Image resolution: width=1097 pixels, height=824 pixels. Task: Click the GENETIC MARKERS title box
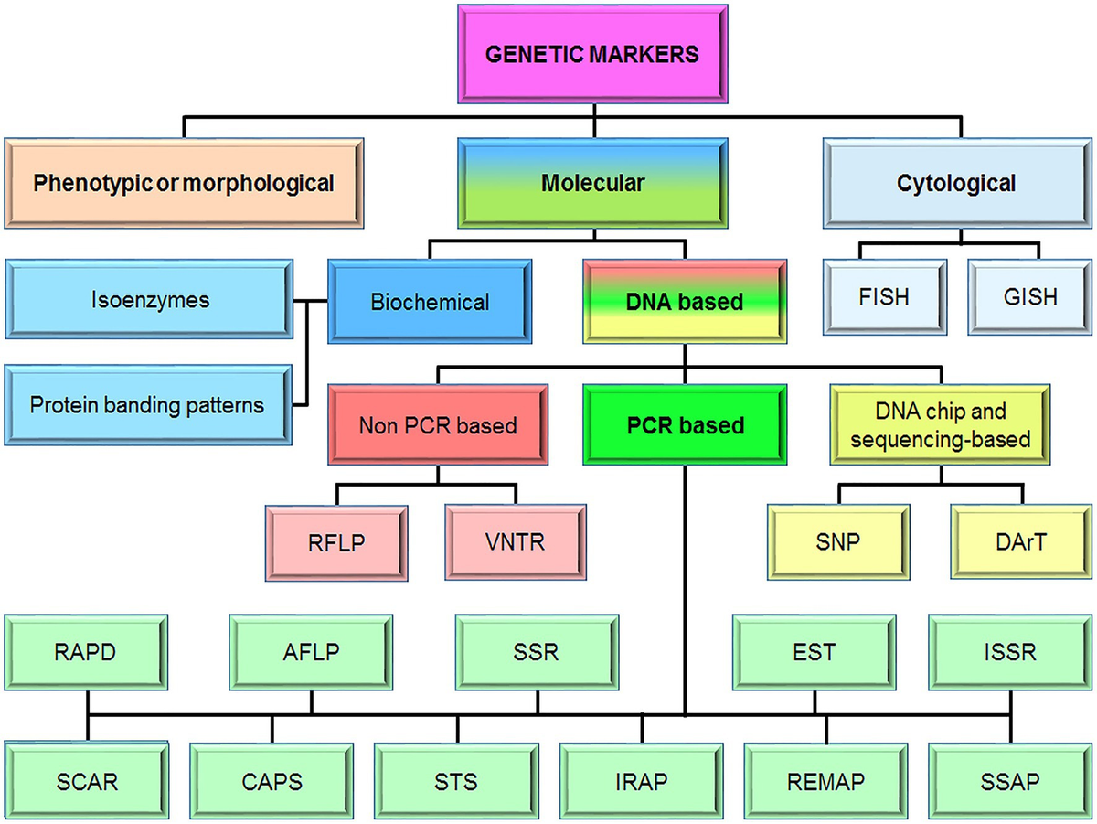tap(591, 54)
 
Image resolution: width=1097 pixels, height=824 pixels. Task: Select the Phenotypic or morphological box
tap(183, 183)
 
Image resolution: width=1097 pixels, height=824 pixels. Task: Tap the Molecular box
tap(592, 183)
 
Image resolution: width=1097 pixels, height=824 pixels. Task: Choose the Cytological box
tap(956, 183)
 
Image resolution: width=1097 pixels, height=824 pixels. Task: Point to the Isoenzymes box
tap(150, 300)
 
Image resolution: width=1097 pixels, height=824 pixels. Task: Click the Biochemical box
tap(430, 301)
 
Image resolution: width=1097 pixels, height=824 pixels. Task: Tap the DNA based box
tap(684, 301)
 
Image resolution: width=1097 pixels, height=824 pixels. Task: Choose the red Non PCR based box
tap(437, 424)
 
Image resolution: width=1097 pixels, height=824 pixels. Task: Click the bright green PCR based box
tap(685, 424)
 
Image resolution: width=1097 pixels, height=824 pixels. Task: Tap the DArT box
tap(1020, 542)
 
